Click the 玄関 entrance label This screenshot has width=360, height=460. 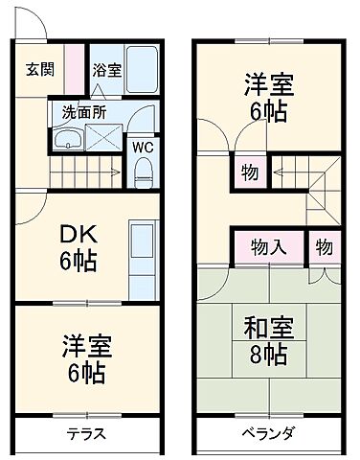pyautogui.click(x=39, y=69)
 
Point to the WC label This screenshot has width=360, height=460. pyautogui.click(x=142, y=148)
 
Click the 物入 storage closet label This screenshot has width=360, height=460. pyautogui.click(x=268, y=247)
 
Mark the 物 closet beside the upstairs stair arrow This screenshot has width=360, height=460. pyautogui.click(x=248, y=172)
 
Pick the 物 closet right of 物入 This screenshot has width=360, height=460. pyautogui.click(x=324, y=247)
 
